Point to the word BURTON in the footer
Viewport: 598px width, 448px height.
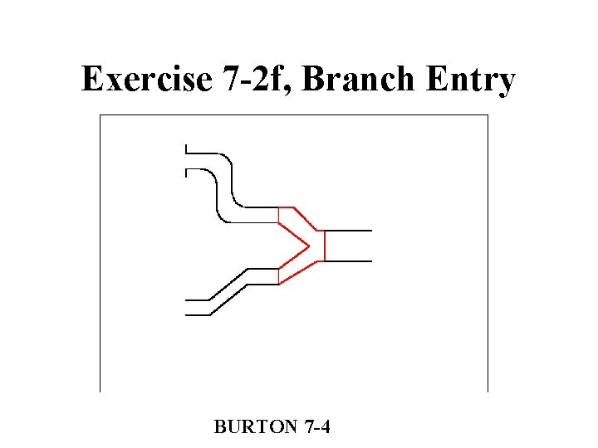[x=255, y=427]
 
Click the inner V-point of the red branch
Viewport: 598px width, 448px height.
[x=309, y=246]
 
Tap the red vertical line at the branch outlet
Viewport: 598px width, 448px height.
[x=324, y=246]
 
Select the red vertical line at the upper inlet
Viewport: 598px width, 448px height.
[x=278, y=215]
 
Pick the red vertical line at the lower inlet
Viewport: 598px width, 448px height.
[x=278, y=276]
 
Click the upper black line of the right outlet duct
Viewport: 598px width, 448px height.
[x=348, y=230]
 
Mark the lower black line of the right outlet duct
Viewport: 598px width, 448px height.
[x=348, y=261]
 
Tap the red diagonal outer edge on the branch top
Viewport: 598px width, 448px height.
[x=306, y=218]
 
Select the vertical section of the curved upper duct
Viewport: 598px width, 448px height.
[x=224, y=187]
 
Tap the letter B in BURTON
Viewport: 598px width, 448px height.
[x=219, y=427]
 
